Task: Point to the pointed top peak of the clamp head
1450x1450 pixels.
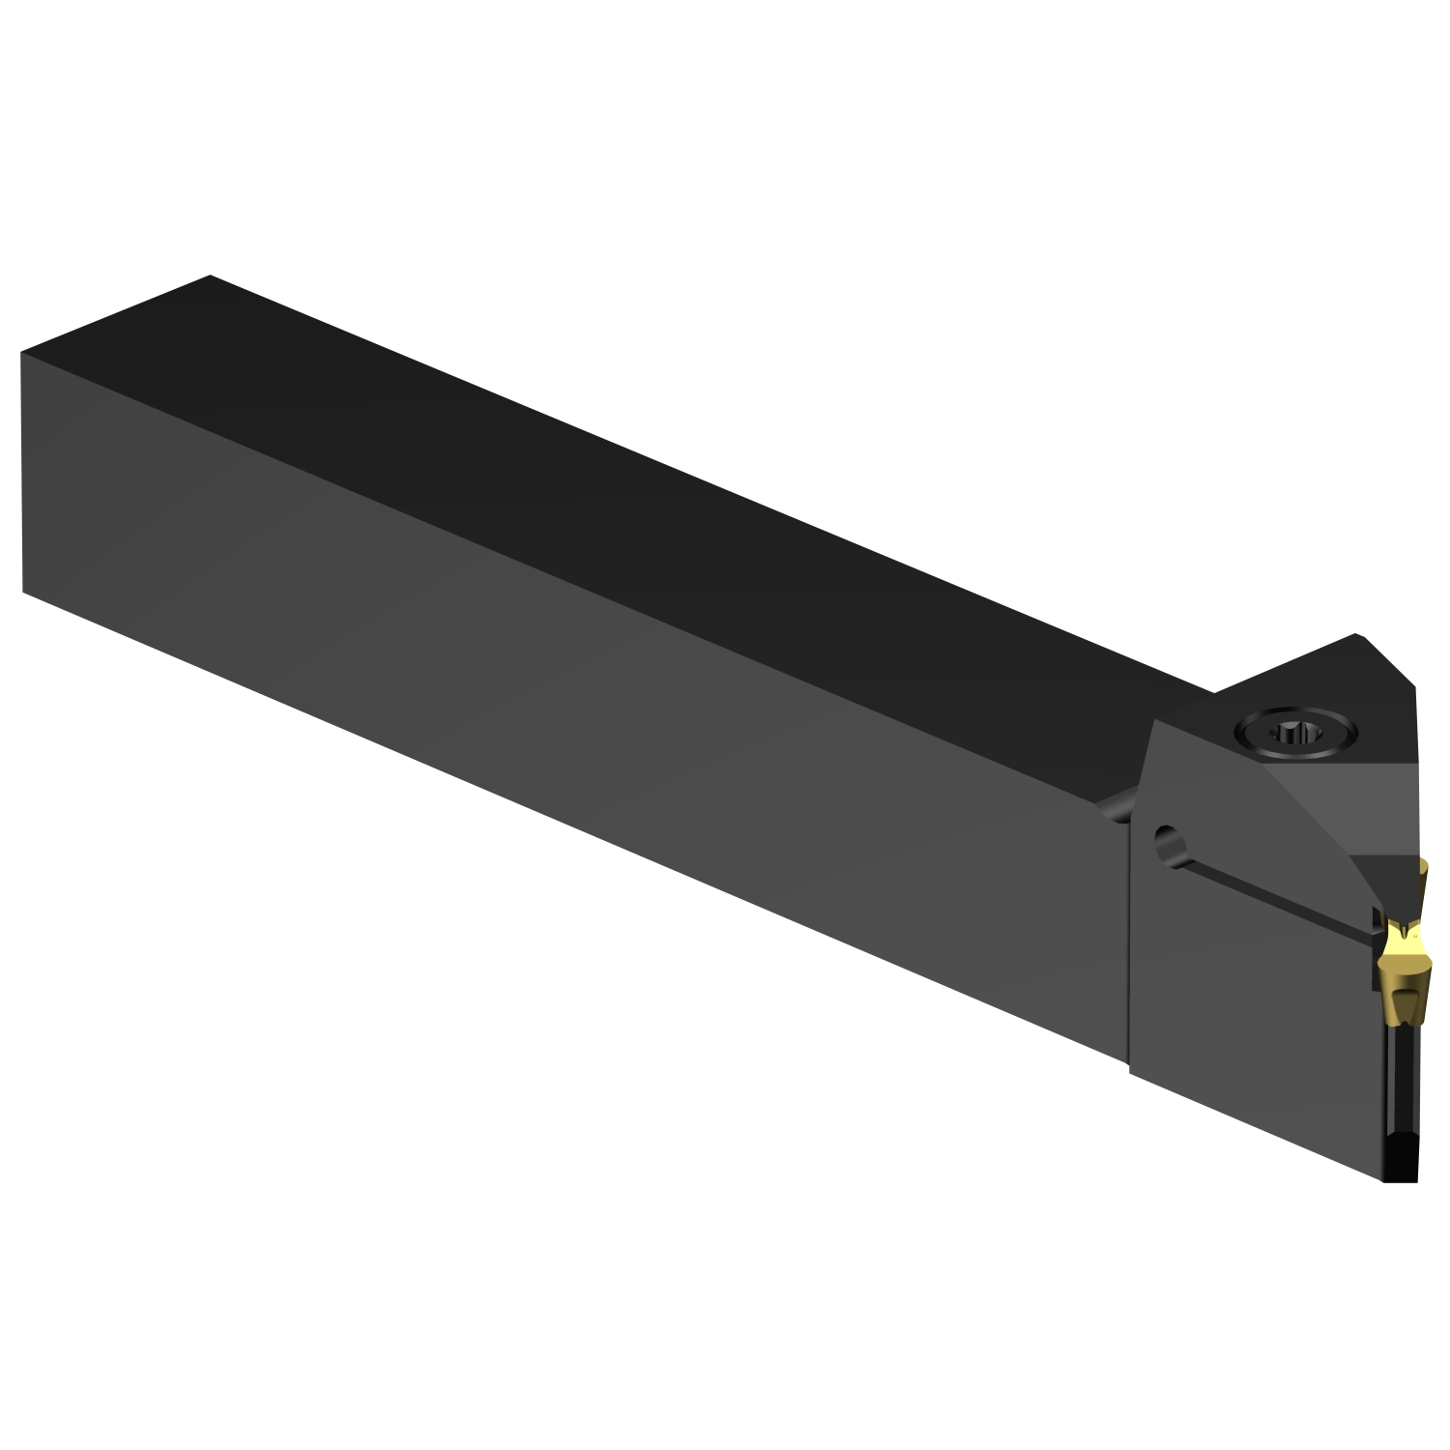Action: (1358, 637)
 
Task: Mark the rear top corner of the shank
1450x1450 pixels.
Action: (210, 276)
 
